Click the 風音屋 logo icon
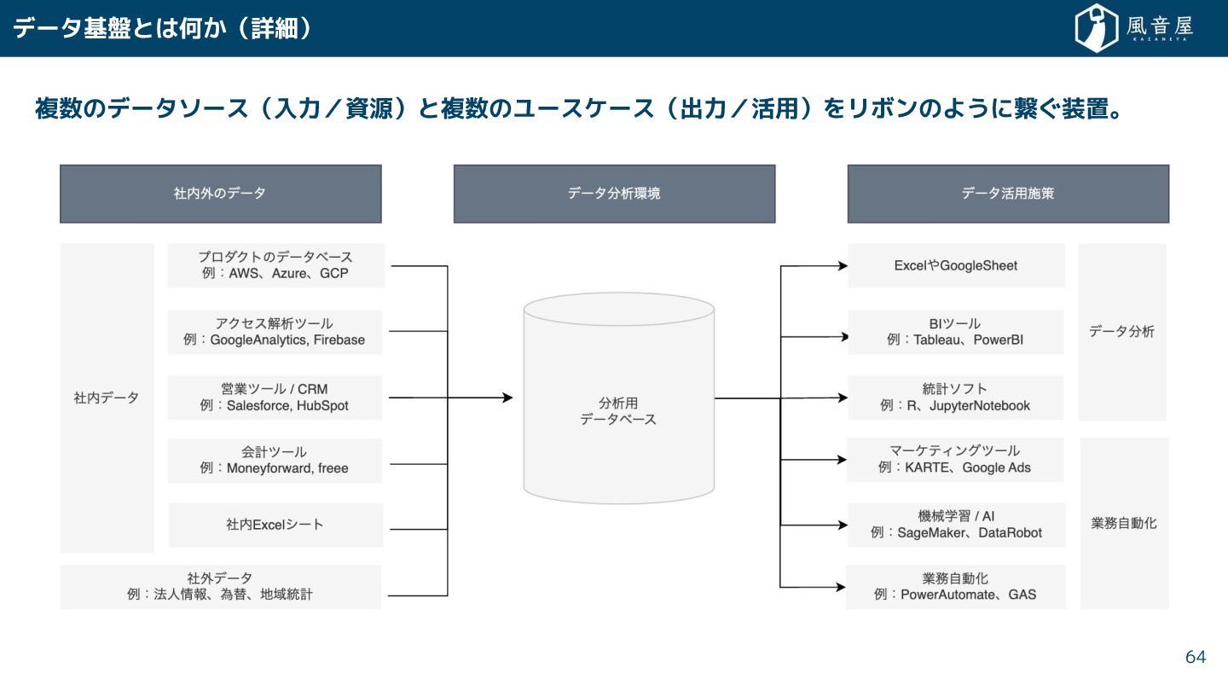click(x=1097, y=27)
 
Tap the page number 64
click(x=1196, y=657)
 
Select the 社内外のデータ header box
click(x=220, y=194)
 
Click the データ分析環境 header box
click(x=614, y=194)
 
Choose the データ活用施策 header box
click(x=1008, y=194)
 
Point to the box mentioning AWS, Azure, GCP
click(x=275, y=265)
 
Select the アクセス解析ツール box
click(x=275, y=332)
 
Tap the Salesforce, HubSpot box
click(x=275, y=398)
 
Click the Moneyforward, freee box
click(x=275, y=461)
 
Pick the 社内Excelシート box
click(x=275, y=525)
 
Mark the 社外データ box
click(x=220, y=586)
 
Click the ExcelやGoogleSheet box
click(x=956, y=265)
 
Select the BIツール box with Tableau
click(x=955, y=332)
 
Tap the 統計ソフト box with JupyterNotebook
click(x=955, y=398)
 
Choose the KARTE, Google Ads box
click(x=955, y=460)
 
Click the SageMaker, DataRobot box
click(x=956, y=525)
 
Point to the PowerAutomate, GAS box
click(x=955, y=586)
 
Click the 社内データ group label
click(x=107, y=398)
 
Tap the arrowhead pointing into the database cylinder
click(x=507, y=398)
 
